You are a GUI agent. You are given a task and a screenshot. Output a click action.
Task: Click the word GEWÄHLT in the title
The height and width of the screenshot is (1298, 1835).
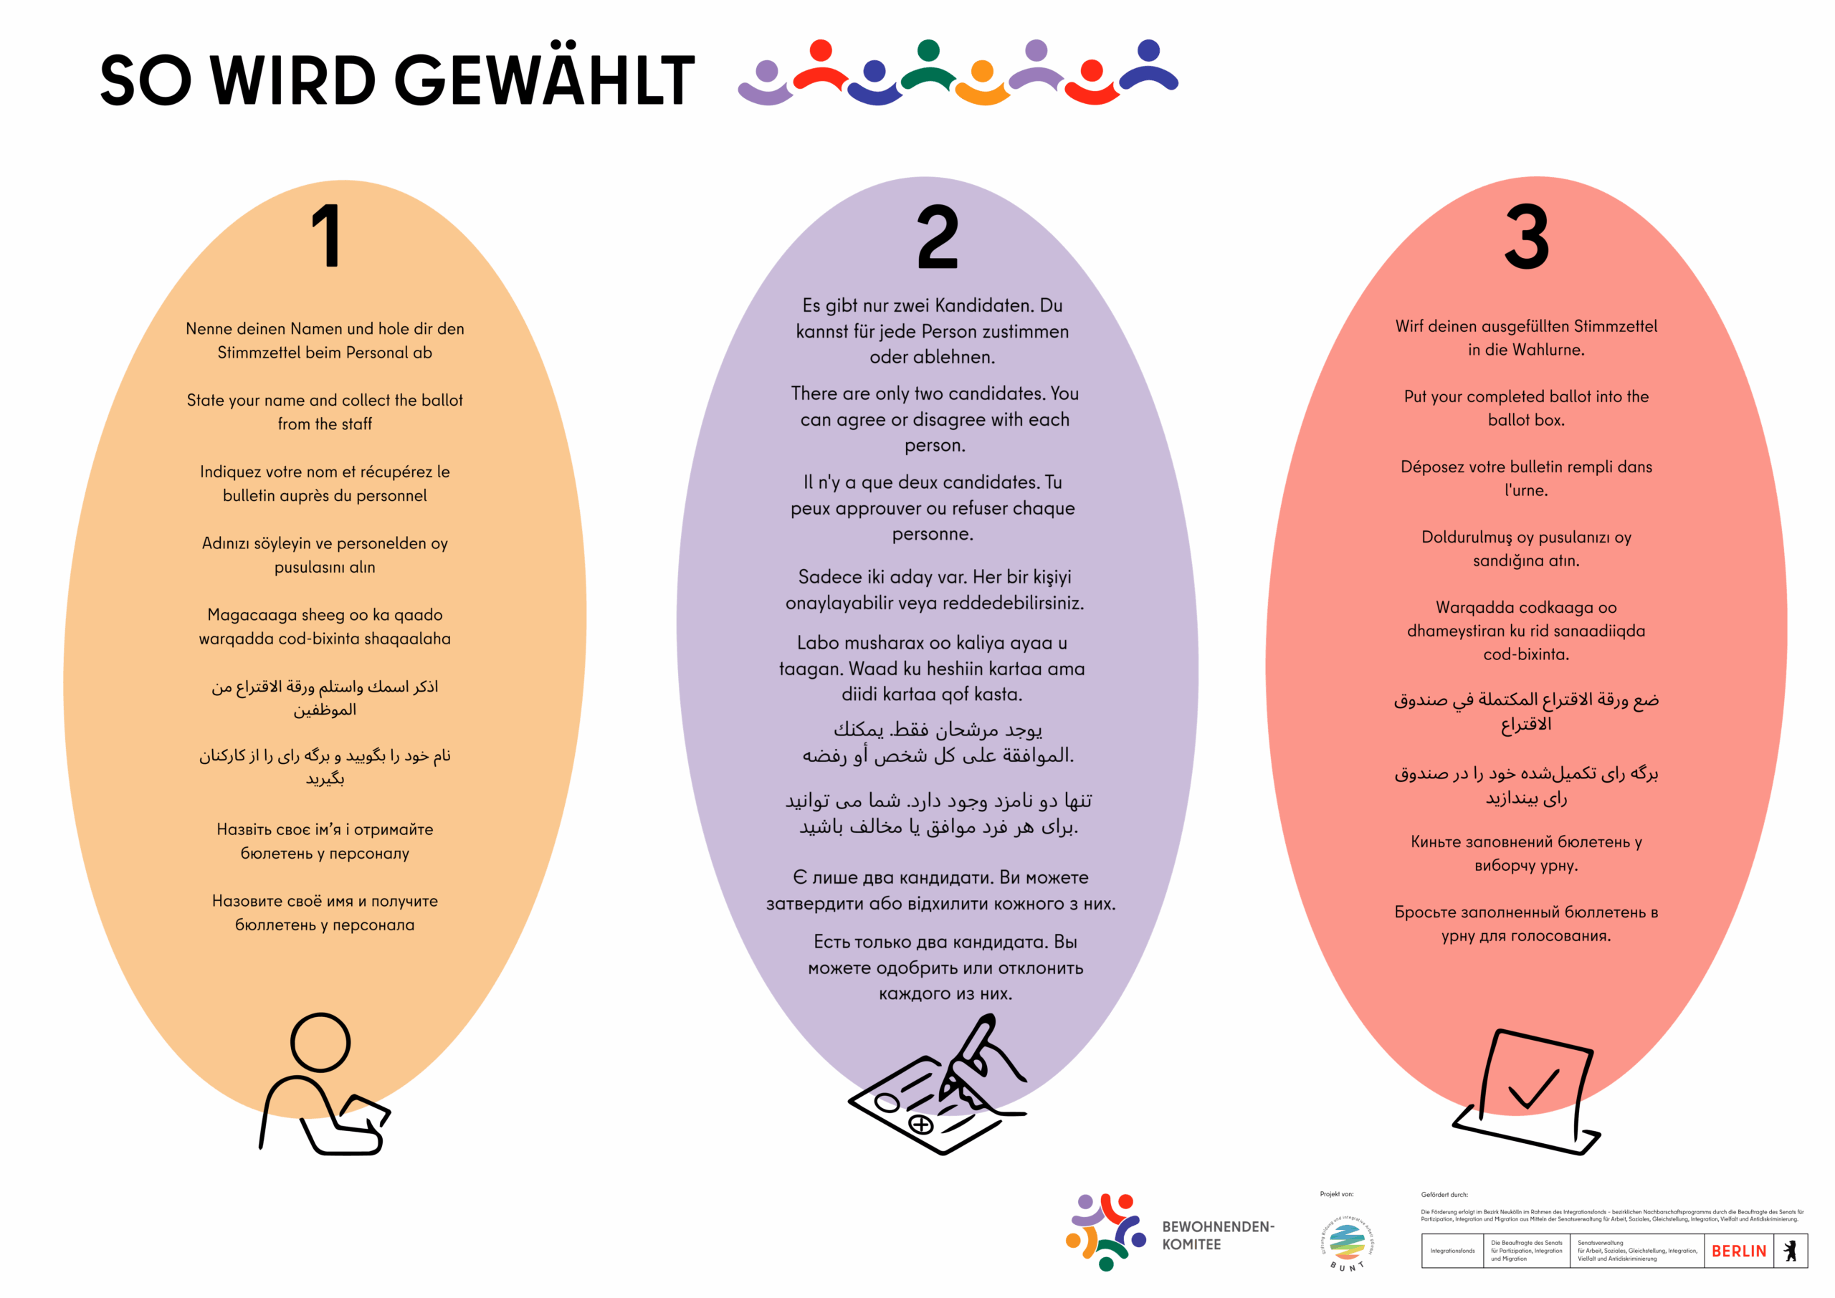(x=544, y=80)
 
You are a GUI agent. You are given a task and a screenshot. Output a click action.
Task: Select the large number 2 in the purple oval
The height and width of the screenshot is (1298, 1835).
(x=937, y=237)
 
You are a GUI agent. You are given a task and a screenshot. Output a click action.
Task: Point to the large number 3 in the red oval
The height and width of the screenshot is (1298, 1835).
(x=1526, y=237)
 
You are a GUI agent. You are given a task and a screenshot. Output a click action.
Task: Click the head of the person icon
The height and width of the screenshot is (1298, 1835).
(x=320, y=1042)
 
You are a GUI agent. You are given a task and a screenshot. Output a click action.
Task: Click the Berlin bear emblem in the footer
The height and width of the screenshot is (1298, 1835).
(x=1791, y=1251)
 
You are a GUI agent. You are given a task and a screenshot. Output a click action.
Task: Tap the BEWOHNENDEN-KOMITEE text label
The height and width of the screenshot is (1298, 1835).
(x=1217, y=1236)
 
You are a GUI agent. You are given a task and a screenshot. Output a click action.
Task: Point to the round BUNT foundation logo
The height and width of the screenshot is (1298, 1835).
(x=1347, y=1242)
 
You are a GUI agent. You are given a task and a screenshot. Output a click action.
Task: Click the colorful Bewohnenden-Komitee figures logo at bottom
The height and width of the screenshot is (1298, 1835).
(x=1107, y=1231)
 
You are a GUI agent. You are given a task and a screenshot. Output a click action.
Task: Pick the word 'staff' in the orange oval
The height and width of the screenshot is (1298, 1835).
(x=356, y=424)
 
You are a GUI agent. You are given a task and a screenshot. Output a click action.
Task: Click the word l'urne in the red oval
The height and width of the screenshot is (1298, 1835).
(x=1526, y=490)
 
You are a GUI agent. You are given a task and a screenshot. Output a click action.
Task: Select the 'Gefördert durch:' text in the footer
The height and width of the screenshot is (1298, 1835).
(x=1444, y=1195)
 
